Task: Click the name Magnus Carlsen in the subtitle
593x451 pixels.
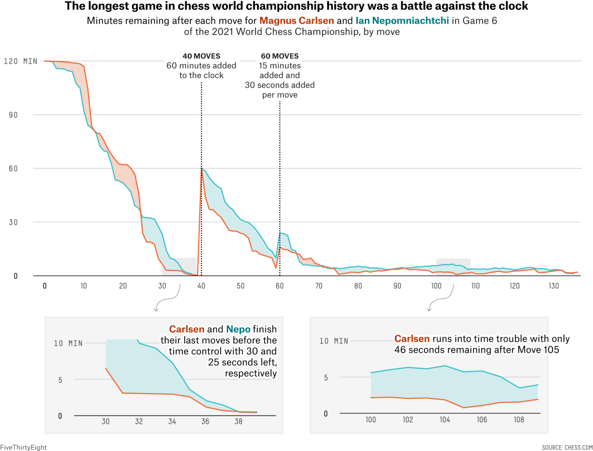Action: (295, 21)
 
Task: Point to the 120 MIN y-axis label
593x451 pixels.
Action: (20, 61)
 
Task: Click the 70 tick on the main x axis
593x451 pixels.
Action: (319, 286)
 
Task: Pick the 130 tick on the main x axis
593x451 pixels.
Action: (555, 286)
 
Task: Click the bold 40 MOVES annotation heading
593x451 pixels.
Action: (202, 56)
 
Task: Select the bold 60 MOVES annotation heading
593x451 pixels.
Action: (280, 56)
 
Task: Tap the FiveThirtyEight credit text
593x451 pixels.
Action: (23, 447)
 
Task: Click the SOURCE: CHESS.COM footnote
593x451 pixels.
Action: (567, 447)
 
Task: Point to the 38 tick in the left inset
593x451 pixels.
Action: (239, 423)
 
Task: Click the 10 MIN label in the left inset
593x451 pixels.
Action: (68, 343)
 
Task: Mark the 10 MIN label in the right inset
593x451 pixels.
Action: (334, 341)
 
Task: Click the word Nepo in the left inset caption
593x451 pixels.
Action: (238, 329)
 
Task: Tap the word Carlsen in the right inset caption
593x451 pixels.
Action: (412, 339)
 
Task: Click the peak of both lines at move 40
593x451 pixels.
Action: (202, 168)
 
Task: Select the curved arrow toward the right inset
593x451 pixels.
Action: (438, 300)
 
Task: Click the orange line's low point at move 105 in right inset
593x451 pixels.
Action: (463, 408)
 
